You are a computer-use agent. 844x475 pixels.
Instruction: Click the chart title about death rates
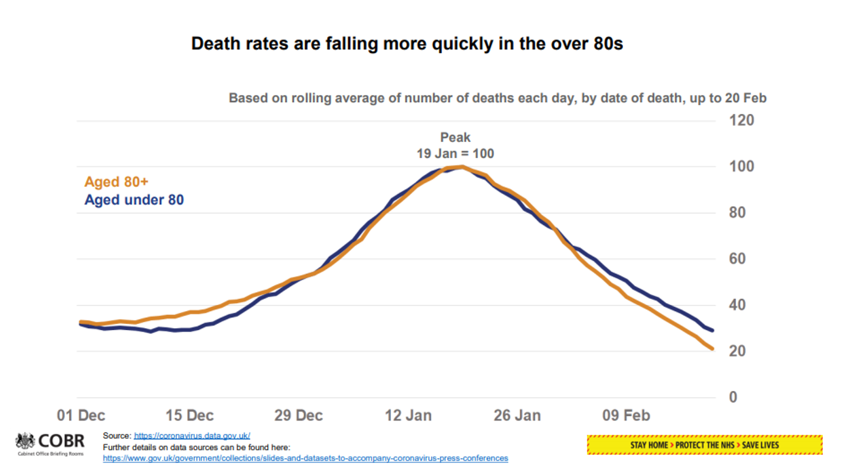tap(407, 44)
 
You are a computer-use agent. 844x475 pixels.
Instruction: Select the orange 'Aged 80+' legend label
tap(116, 182)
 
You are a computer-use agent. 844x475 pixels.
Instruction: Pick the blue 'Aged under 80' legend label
tap(134, 200)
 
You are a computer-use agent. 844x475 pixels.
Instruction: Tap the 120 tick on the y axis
tap(741, 120)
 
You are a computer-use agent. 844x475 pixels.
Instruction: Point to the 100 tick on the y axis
tap(741, 167)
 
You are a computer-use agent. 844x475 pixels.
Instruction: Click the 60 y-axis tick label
tap(737, 259)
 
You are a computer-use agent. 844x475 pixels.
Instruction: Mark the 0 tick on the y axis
tap(733, 397)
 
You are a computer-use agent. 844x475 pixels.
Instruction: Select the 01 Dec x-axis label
tap(81, 415)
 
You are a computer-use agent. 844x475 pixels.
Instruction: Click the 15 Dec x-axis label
tap(190, 415)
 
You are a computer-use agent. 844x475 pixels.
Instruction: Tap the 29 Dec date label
tap(298, 415)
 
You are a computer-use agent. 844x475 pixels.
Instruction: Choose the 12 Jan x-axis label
tap(408, 415)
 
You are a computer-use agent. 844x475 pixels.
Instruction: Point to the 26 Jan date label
tap(517, 415)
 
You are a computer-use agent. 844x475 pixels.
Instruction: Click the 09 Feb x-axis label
tap(626, 415)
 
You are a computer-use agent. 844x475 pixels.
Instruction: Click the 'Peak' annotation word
tap(455, 137)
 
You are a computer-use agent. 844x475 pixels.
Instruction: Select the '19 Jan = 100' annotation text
tap(455, 154)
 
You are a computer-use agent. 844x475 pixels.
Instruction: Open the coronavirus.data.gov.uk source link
tap(192, 436)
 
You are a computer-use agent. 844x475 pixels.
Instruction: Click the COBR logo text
tap(61, 441)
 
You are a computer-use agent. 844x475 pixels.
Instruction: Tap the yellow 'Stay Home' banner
tap(704, 445)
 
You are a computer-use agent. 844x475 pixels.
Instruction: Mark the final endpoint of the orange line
tap(712, 349)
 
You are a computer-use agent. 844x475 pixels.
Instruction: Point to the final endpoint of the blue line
tap(713, 330)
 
